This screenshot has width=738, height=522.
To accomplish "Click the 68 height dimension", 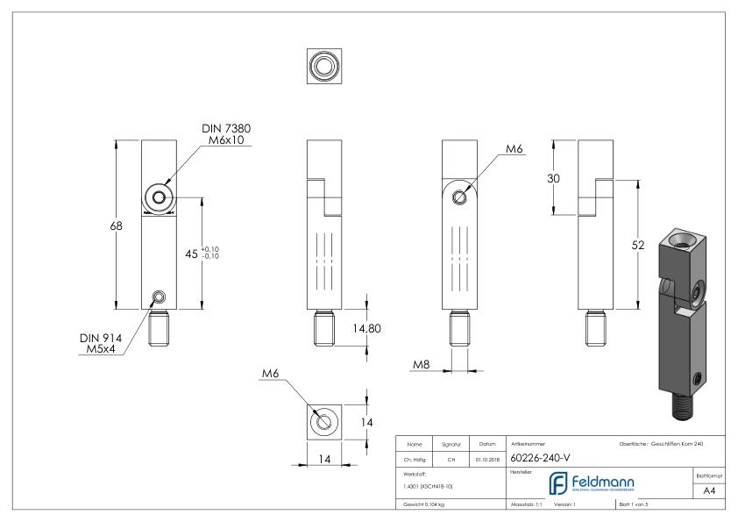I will pyautogui.click(x=116, y=225).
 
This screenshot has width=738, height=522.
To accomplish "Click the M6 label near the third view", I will pyautogui.click(x=514, y=150).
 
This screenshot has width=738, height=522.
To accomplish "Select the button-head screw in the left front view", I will pyautogui.click(x=159, y=198).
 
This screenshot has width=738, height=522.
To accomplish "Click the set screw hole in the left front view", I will pyautogui.click(x=159, y=295).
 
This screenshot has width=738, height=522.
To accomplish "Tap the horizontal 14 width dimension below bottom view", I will pyautogui.click(x=324, y=459).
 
